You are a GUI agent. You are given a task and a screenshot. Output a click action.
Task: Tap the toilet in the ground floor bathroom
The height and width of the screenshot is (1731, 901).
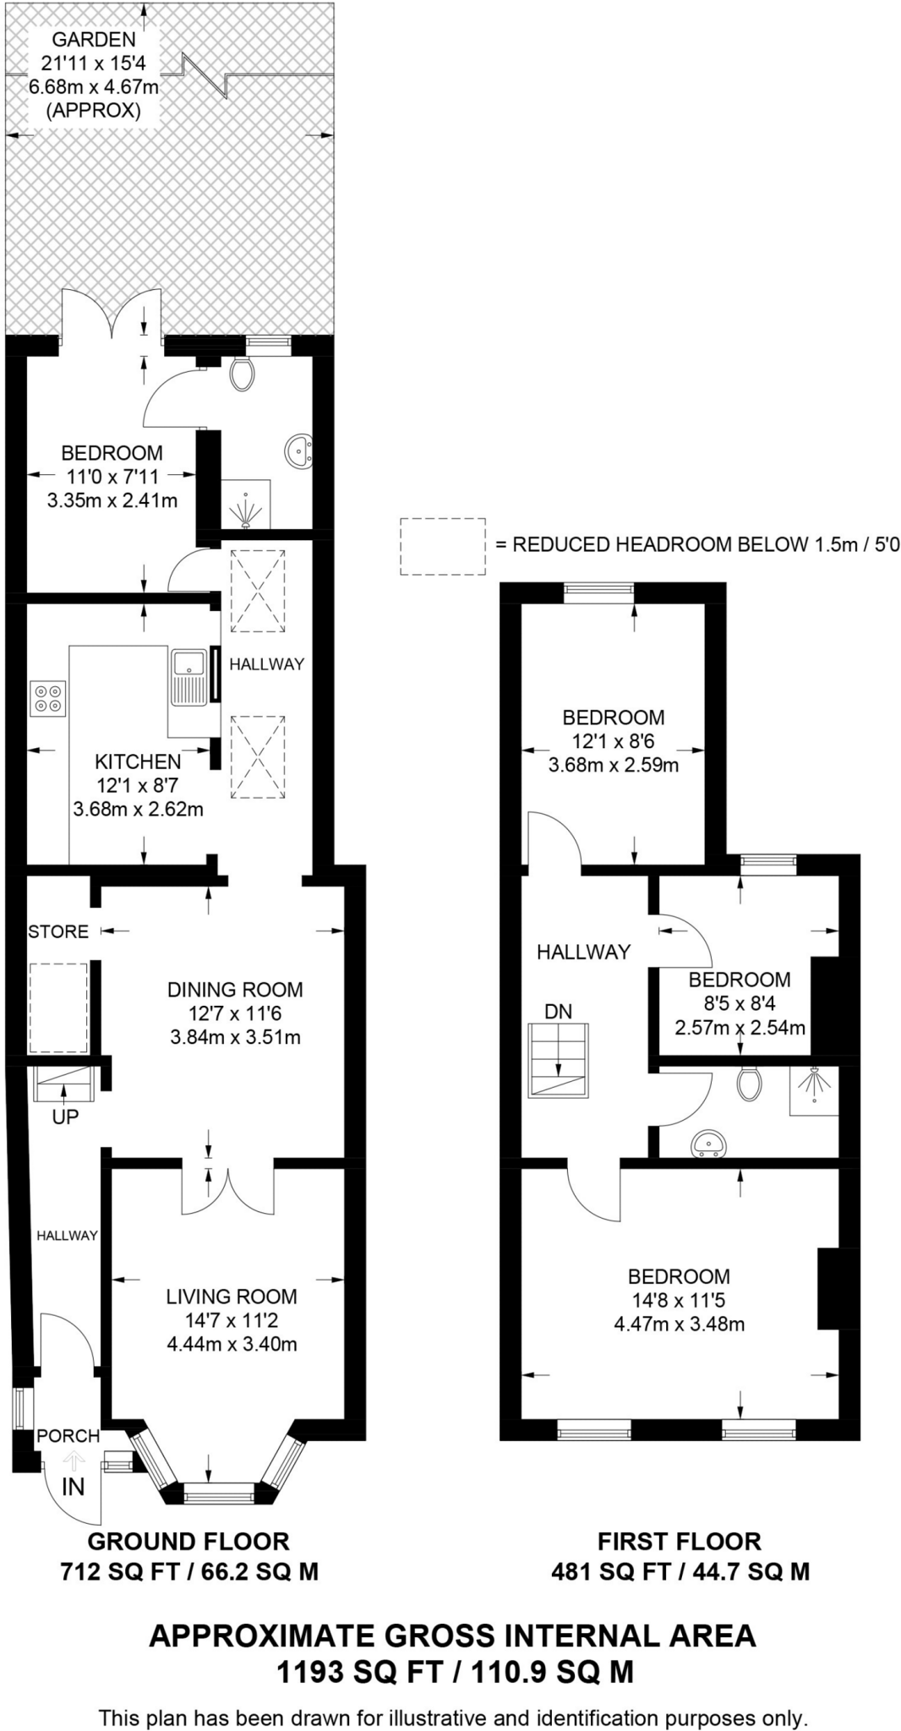(243, 374)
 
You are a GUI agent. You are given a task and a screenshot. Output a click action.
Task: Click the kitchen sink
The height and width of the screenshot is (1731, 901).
(188, 676)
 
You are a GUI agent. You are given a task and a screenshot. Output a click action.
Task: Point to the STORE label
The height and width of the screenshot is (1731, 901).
(58, 931)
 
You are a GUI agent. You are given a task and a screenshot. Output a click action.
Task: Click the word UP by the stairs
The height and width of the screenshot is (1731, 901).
(65, 1117)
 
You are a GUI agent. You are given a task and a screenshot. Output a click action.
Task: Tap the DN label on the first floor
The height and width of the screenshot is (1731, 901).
(558, 1011)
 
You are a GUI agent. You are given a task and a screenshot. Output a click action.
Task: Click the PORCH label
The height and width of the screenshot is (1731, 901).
(68, 1435)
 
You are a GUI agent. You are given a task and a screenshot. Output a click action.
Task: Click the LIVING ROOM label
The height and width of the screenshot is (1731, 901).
(232, 1296)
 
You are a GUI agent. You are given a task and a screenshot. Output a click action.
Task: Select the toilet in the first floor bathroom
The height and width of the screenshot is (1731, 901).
(749, 1083)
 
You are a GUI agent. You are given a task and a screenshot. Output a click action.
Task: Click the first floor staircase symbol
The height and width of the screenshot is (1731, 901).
(558, 1059)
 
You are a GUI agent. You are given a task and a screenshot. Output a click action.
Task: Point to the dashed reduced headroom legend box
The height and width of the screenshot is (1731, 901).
(443, 547)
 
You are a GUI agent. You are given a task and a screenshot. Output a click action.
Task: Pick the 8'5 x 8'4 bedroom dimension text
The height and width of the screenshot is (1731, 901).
(739, 1004)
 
